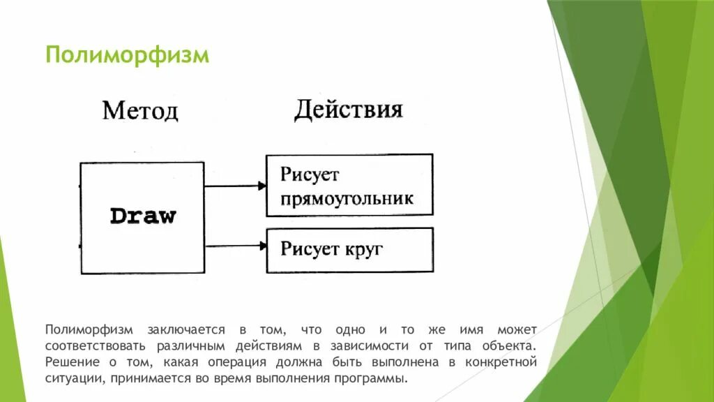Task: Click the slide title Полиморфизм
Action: click(127, 54)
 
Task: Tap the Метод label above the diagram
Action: click(140, 111)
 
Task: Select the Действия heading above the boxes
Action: click(348, 110)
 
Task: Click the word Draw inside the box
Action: click(143, 216)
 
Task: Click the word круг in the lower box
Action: click(363, 249)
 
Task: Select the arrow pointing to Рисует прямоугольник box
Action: click(236, 186)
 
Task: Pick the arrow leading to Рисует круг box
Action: click(236, 244)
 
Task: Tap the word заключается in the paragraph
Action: click(185, 329)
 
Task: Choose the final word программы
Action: click(376, 379)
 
